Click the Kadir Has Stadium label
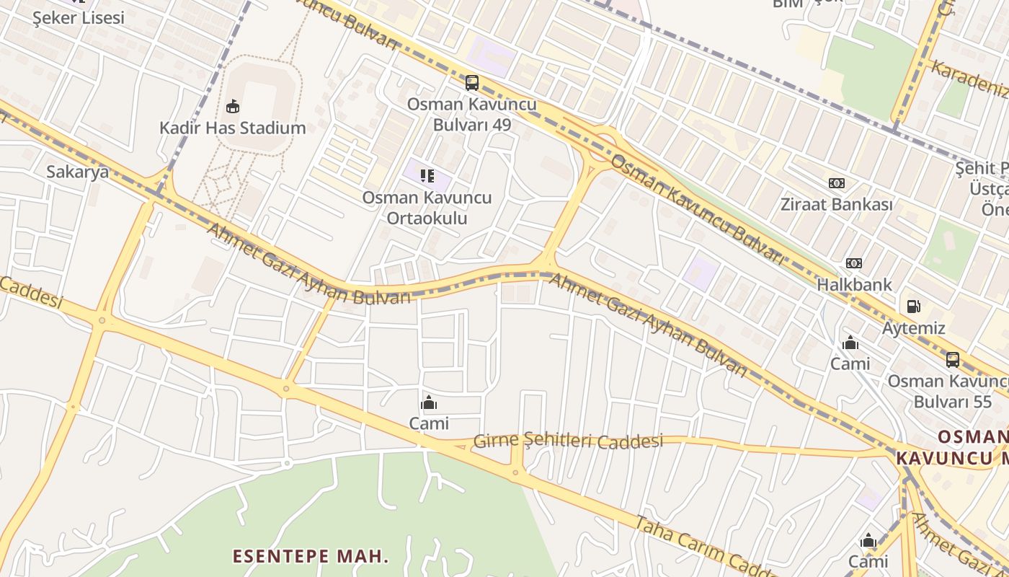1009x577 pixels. click(232, 128)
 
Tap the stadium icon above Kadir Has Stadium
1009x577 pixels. click(232, 107)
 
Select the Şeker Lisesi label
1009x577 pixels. click(79, 18)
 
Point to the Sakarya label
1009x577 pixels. click(77, 172)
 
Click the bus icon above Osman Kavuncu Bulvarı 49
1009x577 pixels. click(472, 83)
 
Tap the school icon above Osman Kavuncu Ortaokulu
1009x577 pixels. click(427, 175)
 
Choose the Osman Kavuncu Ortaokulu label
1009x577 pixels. click(427, 208)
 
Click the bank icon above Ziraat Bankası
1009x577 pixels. click(836, 183)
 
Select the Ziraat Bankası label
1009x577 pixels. click(836, 204)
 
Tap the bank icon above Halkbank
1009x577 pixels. click(854, 263)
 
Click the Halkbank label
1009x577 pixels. click(854, 284)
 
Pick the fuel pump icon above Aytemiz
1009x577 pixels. click(913, 307)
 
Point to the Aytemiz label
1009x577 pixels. click(913, 328)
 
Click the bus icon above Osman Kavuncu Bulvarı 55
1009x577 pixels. click(952, 359)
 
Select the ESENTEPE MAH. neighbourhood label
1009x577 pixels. click(310, 556)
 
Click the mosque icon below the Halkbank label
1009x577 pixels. click(850, 343)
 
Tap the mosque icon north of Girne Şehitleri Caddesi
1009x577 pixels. click(429, 402)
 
